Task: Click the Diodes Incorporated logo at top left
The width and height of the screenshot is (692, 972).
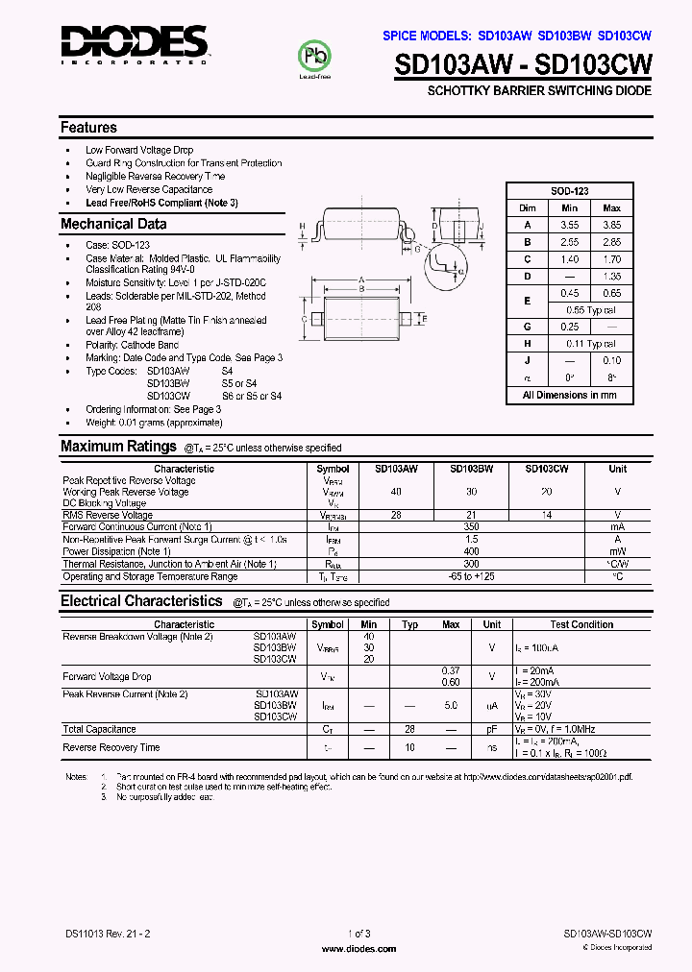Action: point(134,43)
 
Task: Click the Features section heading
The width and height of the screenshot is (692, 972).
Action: point(88,128)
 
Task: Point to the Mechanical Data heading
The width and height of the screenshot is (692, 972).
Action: point(113,224)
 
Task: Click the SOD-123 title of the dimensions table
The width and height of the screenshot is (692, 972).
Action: point(570,191)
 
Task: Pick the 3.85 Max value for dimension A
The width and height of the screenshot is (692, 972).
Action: point(611,225)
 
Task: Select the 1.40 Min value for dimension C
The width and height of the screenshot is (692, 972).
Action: point(569,259)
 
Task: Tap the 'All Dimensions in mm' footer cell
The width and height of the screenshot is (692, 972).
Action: point(570,395)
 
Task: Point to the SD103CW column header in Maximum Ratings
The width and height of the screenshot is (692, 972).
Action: point(546,469)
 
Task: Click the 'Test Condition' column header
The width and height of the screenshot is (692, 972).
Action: point(581,624)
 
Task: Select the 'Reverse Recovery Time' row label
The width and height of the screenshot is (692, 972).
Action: point(111,747)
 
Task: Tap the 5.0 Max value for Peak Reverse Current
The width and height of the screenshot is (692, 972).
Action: point(451,706)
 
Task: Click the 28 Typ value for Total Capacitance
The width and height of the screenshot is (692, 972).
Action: point(409,729)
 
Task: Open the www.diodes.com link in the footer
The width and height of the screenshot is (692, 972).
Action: point(358,949)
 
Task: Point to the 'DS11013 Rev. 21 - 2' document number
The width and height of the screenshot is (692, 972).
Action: point(108,933)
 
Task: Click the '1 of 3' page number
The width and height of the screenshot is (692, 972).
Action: point(358,933)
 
